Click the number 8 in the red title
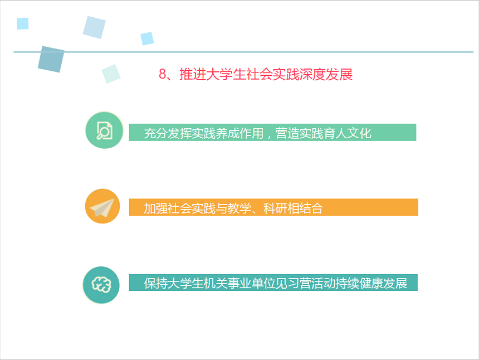point(163,74)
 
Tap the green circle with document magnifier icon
point(104,130)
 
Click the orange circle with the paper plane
point(102,206)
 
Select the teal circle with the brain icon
point(101,285)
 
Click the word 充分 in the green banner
point(156,133)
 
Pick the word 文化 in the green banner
point(359,133)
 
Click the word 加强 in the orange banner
point(156,208)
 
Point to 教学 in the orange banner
point(239,208)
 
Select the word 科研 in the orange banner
point(275,208)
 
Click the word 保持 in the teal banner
point(156,283)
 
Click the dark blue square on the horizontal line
point(51,59)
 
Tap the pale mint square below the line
point(111,74)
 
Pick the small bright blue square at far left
point(23,23)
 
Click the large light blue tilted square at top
point(94,27)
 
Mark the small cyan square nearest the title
point(147,38)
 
